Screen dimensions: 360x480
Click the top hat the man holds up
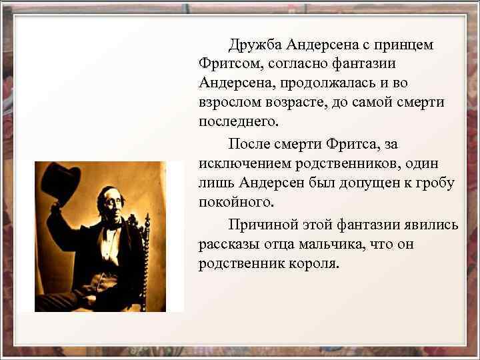60,181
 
